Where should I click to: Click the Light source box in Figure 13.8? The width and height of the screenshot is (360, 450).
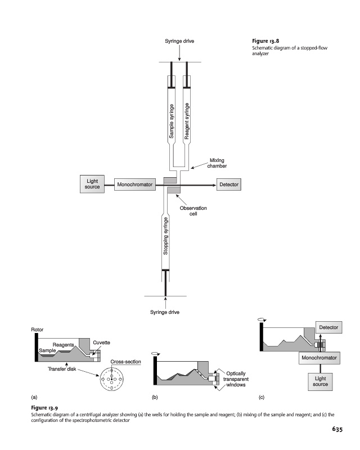(93, 184)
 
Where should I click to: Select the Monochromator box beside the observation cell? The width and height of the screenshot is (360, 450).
(134, 184)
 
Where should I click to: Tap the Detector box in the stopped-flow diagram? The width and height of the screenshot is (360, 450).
(228, 184)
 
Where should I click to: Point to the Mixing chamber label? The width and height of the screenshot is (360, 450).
(217, 163)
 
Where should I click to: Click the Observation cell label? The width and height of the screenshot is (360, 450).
(193, 211)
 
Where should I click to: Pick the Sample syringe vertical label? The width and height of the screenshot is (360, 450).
(172, 121)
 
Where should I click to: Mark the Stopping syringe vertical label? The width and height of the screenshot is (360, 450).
(165, 237)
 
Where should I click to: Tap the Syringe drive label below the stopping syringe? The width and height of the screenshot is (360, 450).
(165, 312)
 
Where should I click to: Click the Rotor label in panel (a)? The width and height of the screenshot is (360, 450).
(37, 329)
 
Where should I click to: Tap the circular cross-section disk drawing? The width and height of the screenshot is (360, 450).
(113, 382)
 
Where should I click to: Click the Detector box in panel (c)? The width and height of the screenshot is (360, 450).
(328, 327)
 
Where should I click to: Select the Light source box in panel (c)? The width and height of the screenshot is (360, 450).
(320, 382)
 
